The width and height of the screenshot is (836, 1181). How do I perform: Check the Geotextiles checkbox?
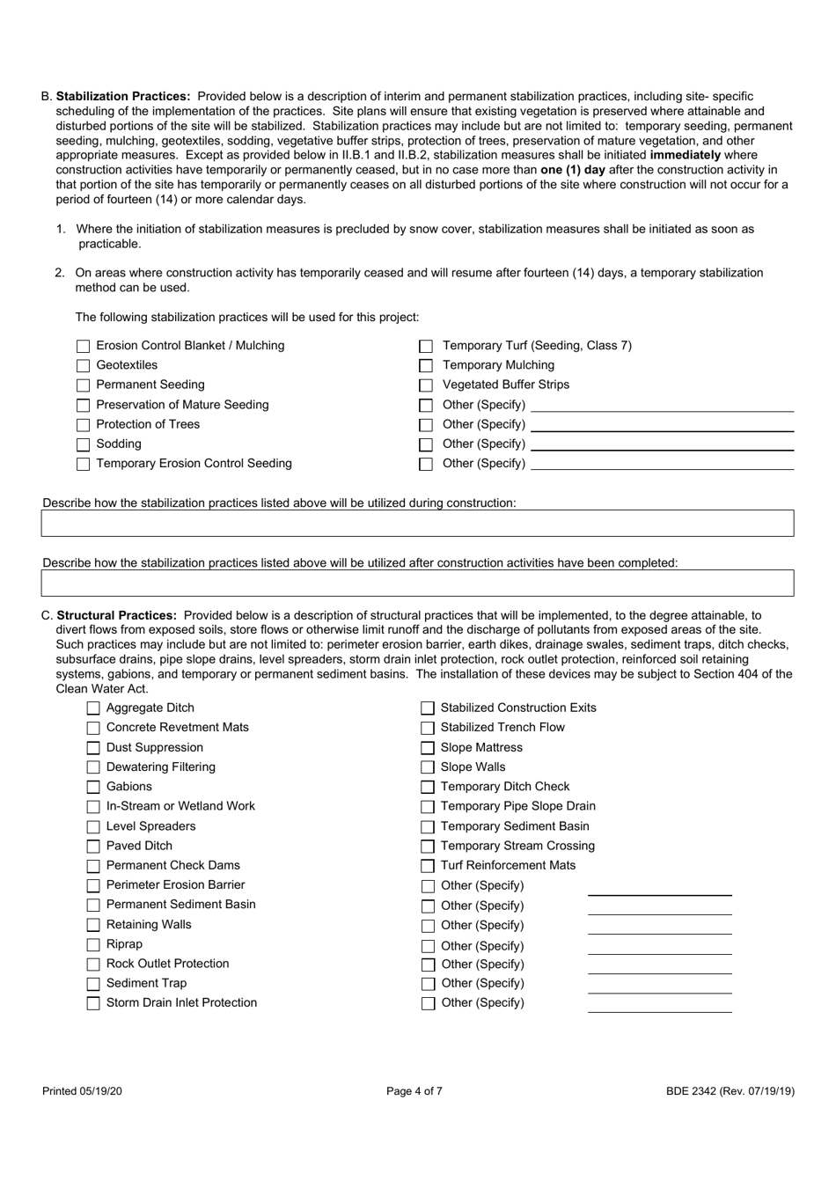pos(84,366)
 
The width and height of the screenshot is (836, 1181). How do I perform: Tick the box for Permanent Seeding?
pos(84,385)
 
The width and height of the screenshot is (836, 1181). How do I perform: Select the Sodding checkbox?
pos(84,444)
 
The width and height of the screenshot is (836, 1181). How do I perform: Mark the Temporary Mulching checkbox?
pos(426,366)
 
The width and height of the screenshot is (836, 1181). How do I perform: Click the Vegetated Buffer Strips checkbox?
pos(426,385)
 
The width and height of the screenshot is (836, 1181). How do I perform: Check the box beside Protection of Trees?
pos(84,425)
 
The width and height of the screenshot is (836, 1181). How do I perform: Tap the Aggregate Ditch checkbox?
pos(93,708)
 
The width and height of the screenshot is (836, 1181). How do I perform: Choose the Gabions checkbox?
pos(93,788)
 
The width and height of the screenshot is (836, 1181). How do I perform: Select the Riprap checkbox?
pos(93,945)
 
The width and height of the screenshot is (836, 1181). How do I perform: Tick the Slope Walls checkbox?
pos(428,768)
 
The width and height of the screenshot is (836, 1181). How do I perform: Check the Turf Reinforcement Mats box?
pos(428,866)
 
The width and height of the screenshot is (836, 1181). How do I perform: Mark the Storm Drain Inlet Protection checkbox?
pos(93,1003)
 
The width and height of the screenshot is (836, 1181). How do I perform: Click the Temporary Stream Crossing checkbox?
pos(428,847)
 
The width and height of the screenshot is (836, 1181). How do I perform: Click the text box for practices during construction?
pos(417,524)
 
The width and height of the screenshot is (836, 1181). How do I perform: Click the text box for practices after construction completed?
pos(417,583)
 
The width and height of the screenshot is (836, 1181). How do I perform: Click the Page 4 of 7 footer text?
pos(414,1091)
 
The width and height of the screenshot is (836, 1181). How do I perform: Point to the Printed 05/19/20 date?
pos(83,1091)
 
